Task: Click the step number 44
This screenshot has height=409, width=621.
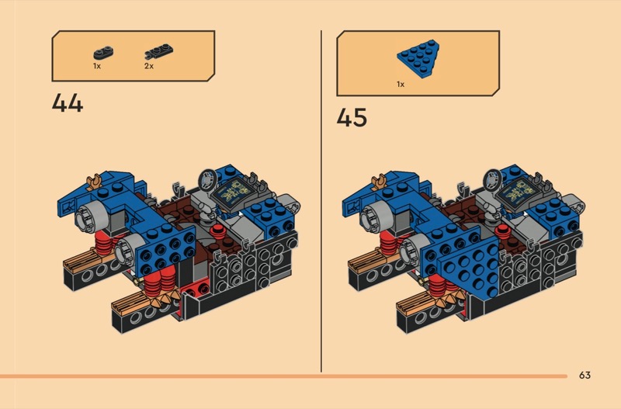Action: point(68,102)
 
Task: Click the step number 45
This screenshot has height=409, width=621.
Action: point(352,117)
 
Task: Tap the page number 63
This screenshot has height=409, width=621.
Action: point(585,376)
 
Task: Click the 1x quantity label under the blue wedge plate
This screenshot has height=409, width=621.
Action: point(401,83)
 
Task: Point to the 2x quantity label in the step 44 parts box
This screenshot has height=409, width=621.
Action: point(149,67)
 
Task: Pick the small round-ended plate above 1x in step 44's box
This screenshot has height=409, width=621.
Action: point(101,54)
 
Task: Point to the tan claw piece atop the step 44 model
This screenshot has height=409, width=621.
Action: point(96,182)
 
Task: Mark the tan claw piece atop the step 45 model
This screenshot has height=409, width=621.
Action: point(381,182)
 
